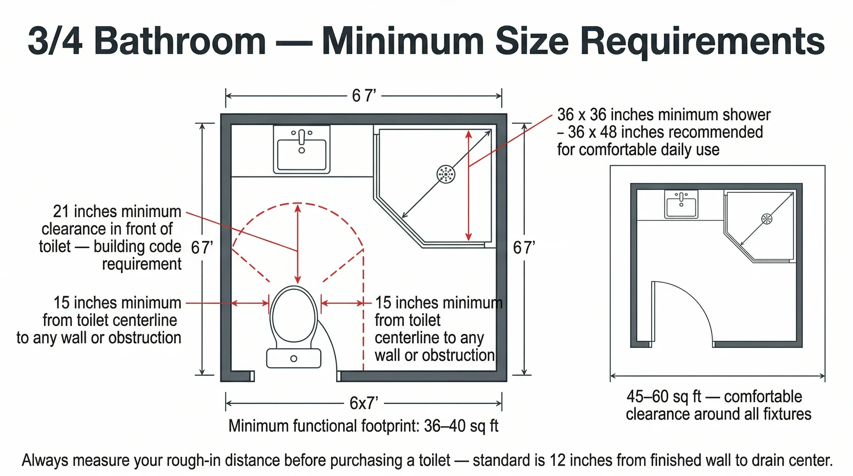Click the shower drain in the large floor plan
[446, 174]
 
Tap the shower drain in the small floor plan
[767, 218]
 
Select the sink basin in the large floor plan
[302, 153]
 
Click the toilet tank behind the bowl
[294, 358]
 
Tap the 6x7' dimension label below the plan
[363, 403]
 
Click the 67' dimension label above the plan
[364, 95]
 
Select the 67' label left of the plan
[202, 247]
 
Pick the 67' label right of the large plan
[524, 247]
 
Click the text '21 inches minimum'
[117, 211]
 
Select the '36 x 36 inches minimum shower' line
[664, 115]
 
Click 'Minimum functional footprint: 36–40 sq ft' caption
[363, 426]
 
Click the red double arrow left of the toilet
[250, 303]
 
